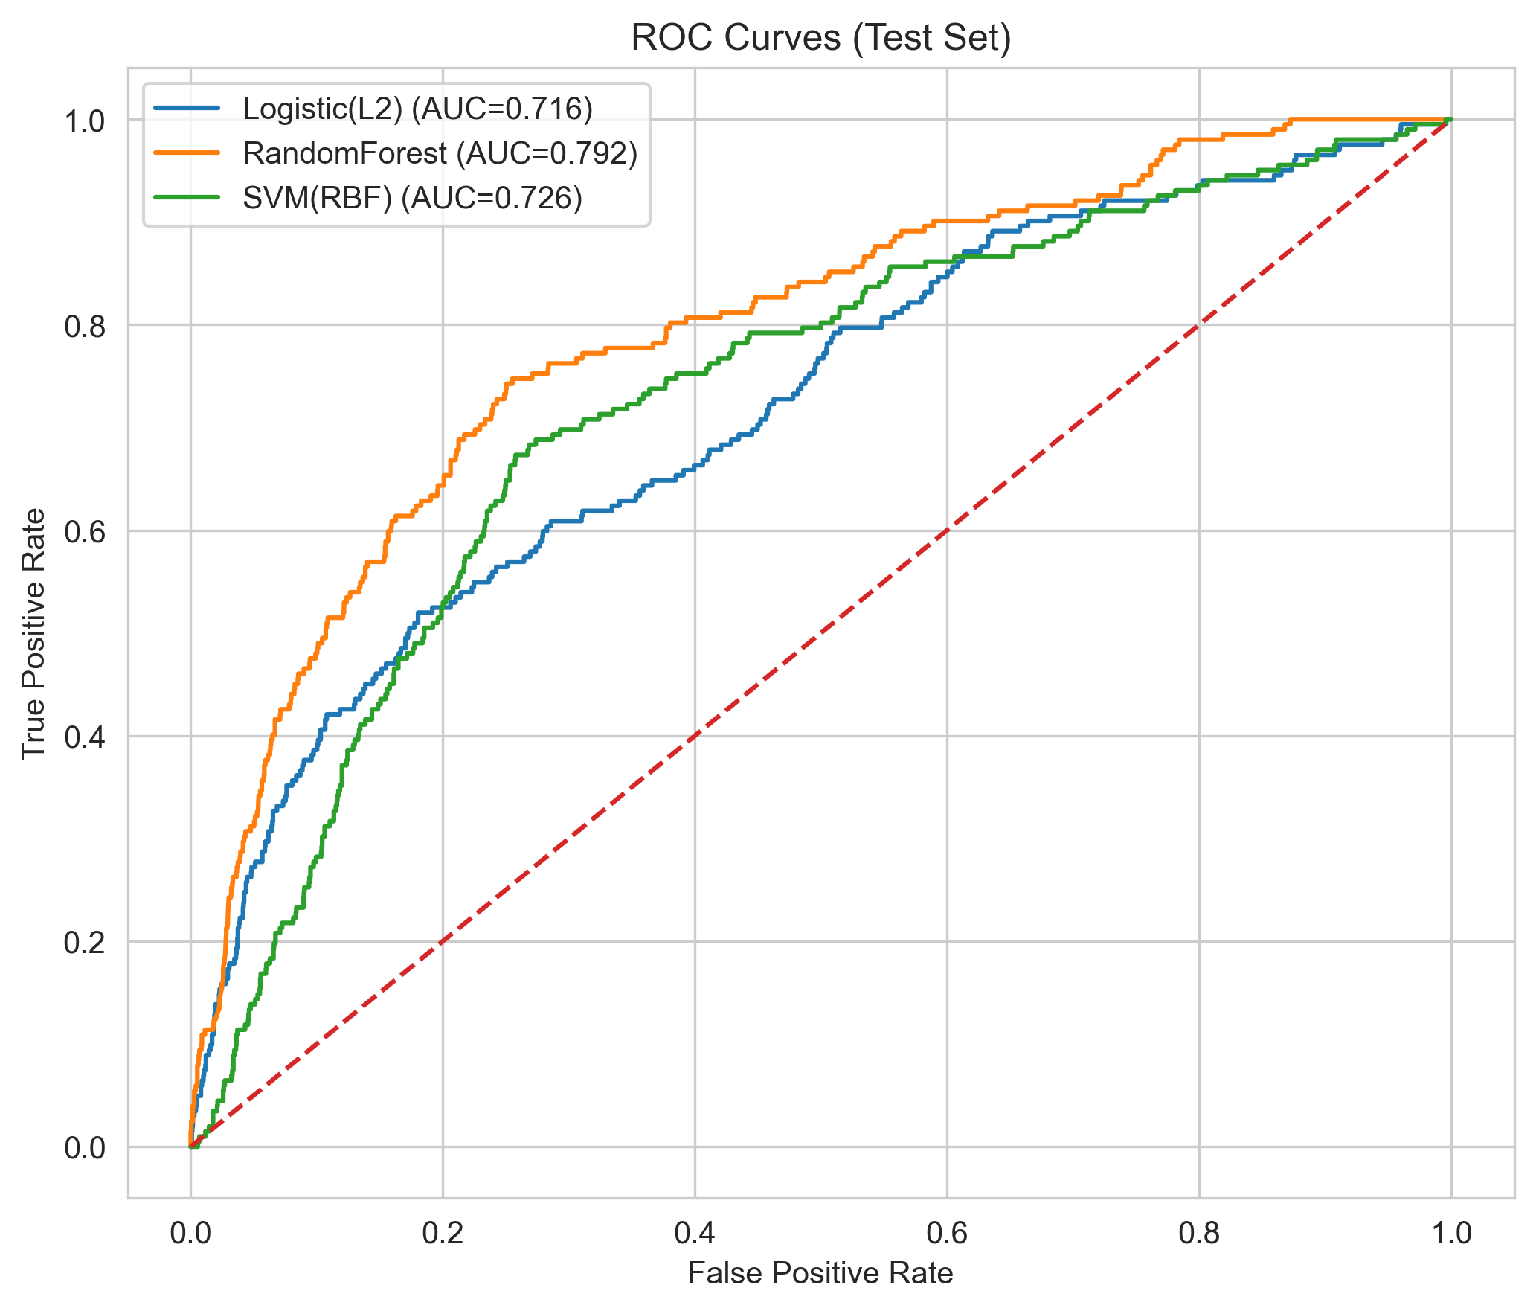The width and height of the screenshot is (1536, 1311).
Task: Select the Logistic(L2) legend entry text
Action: pos(417,109)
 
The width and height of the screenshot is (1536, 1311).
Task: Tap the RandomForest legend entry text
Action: pos(440,153)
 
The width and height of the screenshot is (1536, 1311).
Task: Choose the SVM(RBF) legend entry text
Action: pos(412,198)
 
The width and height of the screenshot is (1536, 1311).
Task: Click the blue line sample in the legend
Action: pos(187,109)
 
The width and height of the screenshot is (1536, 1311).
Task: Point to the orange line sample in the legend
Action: pos(187,153)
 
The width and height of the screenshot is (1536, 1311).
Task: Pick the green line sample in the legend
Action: pos(187,198)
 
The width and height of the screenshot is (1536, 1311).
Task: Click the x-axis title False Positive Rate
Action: pos(820,1273)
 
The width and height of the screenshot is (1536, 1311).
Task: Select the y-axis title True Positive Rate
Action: pos(33,633)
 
